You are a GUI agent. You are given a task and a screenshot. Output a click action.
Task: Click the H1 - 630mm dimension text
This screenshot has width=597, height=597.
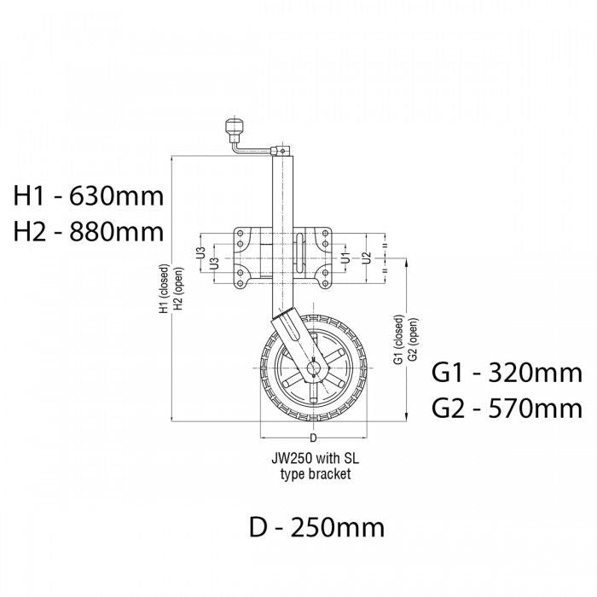(x=88, y=196)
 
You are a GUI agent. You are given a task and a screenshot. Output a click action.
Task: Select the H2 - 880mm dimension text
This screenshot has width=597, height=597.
(x=88, y=231)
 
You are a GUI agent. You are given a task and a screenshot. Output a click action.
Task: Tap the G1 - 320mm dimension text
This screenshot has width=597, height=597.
(x=507, y=373)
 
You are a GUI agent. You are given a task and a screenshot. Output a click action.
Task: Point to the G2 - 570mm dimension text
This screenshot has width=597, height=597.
(x=507, y=409)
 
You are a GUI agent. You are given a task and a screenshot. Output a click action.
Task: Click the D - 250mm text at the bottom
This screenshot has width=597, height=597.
(x=316, y=527)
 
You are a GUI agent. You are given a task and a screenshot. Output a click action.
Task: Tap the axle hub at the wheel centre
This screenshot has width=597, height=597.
(x=313, y=369)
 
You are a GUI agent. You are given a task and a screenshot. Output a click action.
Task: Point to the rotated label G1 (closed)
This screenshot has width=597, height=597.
(x=398, y=341)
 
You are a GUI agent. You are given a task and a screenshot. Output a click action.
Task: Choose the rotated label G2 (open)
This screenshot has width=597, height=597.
(x=412, y=341)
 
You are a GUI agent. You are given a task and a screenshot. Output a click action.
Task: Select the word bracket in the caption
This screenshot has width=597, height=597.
(x=332, y=474)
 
